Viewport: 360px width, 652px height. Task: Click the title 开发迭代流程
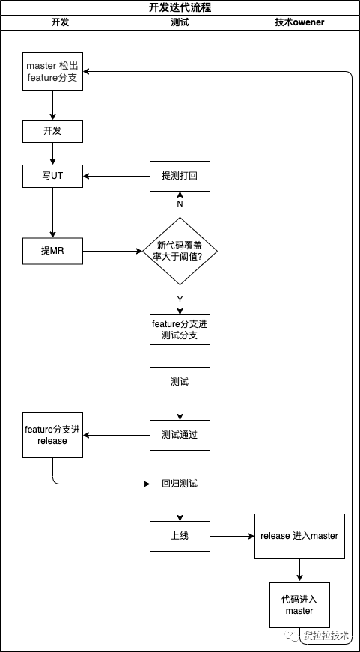point(180,7)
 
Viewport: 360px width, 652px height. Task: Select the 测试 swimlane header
point(180,22)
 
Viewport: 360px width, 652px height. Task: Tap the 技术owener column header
point(299,22)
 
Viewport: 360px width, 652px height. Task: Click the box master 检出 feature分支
point(52,71)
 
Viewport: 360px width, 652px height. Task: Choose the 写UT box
point(52,177)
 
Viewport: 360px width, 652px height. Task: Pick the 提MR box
point(52,252)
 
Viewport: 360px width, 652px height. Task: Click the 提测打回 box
point(180,177)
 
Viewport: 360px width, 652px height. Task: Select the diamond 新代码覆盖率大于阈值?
point(180,252)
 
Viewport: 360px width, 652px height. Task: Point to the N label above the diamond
point(180,204)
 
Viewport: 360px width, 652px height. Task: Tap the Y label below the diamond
point(180,299)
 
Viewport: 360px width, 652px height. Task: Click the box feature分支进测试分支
point(180,329)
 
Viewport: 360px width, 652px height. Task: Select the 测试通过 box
point(180,436)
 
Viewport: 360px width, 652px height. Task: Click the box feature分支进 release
point(52,436)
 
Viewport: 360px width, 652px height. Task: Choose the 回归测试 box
point(180,484)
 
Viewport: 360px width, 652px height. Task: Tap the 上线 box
point(180,537)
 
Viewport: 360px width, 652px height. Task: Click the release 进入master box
point(299,537)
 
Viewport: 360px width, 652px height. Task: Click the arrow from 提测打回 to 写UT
point(117,177)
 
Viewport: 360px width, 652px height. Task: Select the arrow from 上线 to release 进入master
point(232,537)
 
